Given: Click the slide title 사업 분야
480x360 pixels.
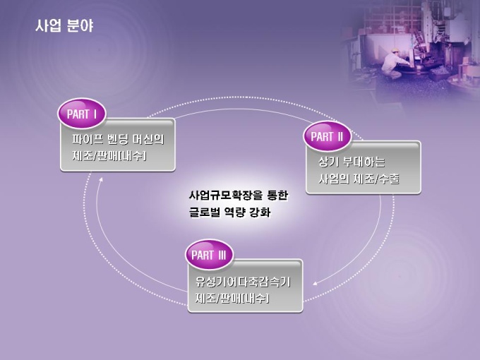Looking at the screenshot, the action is [64, 25].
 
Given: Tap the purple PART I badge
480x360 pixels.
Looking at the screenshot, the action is [82, 114].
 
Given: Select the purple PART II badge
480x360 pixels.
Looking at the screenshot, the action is [327, 136].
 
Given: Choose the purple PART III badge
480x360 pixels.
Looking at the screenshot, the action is [209, 255].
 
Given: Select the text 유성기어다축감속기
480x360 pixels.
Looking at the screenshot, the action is [243, 282].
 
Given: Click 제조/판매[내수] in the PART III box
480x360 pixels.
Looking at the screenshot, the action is [233, 298].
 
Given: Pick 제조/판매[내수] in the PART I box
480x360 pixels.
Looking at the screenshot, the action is [109, 156].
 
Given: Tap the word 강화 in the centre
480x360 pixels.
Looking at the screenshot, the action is [260, 212].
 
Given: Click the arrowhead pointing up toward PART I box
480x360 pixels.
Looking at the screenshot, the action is [100, 179].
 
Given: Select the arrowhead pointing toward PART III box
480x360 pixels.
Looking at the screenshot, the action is [315, 284].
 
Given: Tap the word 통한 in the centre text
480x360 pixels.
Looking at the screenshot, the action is [277, 195].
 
